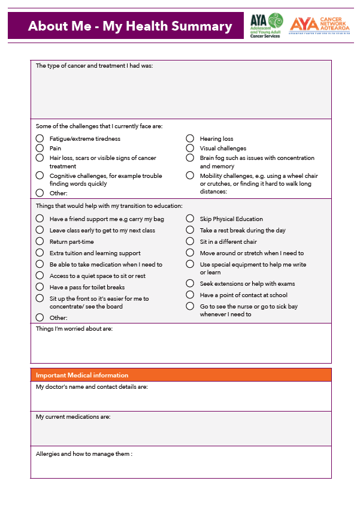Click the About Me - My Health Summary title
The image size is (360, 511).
tap(130, 26)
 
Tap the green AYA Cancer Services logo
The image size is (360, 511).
tap(267, 26)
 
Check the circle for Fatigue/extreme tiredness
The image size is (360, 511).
tap(40, 138)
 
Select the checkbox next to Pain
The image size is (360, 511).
tap(40, 148)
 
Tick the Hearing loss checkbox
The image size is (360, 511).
tap(190, 138)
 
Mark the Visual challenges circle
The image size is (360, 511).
tap(190, 148)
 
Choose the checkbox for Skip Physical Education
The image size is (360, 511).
tap(190, 219)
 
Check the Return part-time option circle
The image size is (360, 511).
tap(40, 241)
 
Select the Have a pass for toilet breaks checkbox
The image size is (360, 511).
tap(40, 287)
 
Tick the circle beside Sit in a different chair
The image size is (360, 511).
tap(190, 241)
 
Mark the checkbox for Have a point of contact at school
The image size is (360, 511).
tap(190, 295)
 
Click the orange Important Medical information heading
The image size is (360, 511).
tap(82, 375)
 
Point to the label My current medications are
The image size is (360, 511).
tap(73, 416)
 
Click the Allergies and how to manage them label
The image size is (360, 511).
tap(84, 454)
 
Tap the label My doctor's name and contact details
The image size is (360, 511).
tap(92, 387)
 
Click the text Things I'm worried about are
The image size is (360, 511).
tap(74, 328)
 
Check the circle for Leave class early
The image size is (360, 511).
tap(40, 230)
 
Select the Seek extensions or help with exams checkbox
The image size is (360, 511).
tap(190, 283)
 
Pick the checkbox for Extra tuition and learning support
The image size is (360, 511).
tap(40, 253)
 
